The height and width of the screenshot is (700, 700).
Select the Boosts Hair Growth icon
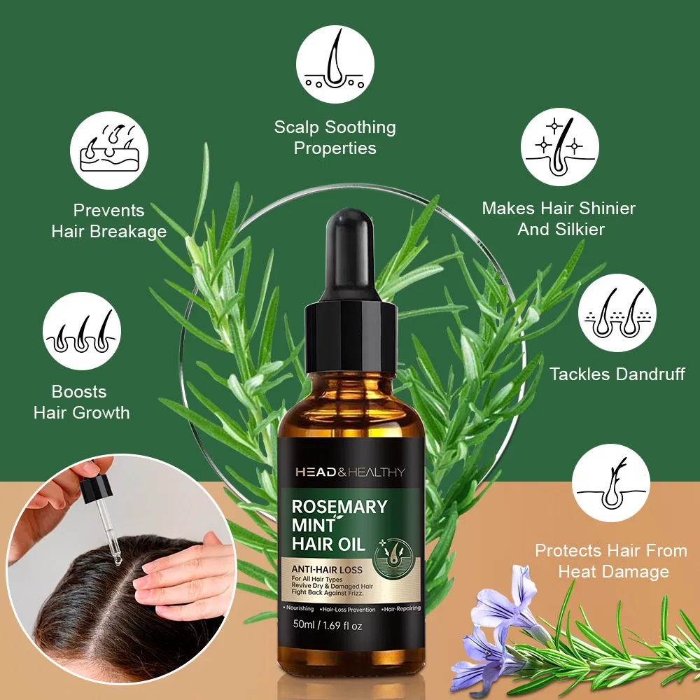point(82,330)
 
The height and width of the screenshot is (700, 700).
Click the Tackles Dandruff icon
point(617,313)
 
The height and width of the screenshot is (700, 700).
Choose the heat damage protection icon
point(611,483)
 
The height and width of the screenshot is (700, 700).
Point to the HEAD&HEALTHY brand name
point(350,472)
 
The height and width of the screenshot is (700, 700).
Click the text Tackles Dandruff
point(617,374)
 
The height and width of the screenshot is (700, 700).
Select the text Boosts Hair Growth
point(81,402)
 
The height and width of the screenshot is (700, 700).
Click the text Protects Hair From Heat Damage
point(611,561)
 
